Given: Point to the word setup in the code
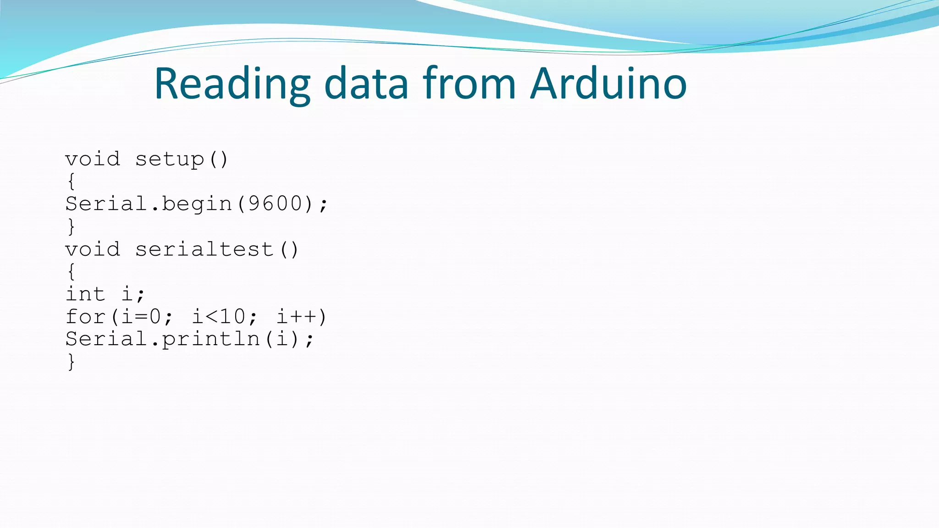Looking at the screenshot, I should (170, 159).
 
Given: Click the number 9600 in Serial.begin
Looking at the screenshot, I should (275, 204).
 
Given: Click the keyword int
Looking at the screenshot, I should (85, 294).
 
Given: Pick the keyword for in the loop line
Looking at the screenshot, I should (85, 317).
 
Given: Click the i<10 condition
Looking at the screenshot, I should (219, 317).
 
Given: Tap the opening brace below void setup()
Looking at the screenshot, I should (71, 181).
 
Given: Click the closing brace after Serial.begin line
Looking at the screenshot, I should (71, 226).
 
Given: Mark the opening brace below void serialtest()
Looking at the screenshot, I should (71, 271).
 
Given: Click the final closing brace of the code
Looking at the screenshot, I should (71, 362).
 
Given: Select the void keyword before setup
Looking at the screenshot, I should (93, 159).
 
